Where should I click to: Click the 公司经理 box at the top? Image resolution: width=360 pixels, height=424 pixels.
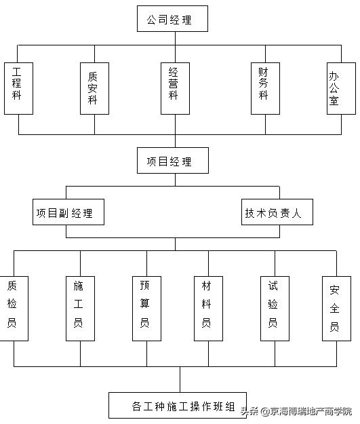point(172,20)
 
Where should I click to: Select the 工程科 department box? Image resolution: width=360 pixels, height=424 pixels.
point(18,88)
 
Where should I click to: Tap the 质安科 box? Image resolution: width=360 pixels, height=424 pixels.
point(94,88)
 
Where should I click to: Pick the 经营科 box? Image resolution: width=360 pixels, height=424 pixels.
point(174,88)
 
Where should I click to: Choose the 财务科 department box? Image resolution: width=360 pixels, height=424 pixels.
point(264,88)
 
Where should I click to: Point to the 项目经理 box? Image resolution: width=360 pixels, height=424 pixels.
point(172,161)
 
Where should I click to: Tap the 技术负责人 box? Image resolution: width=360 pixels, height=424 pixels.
point(278,212)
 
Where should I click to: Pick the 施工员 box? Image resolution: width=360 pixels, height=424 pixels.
point(79,307)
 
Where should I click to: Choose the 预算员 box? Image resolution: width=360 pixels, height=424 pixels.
point(144,307)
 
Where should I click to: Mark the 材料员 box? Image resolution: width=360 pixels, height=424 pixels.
point(207,307)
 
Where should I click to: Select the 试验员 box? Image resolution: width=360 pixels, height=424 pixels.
point(273,307)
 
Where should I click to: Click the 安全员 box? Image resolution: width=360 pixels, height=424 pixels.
point(335,307)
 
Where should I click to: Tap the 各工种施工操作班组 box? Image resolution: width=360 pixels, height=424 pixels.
point(178,406)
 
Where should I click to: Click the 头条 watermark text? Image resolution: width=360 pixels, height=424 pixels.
point(249,411)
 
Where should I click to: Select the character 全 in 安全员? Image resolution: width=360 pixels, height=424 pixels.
point(335,309)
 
